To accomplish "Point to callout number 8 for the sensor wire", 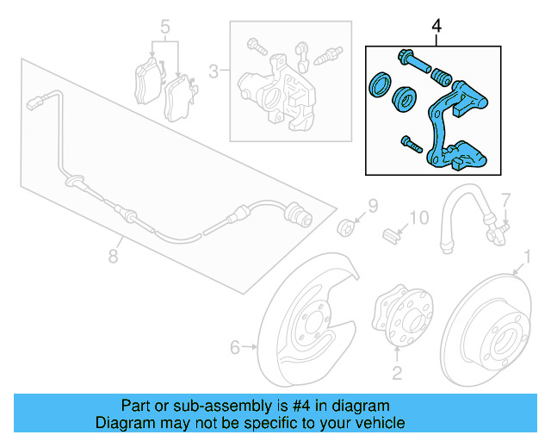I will pos(112,255).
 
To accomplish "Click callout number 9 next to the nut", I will pos(373,206).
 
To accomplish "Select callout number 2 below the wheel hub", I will pos(397,372).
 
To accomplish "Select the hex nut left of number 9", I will pos(346,227).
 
